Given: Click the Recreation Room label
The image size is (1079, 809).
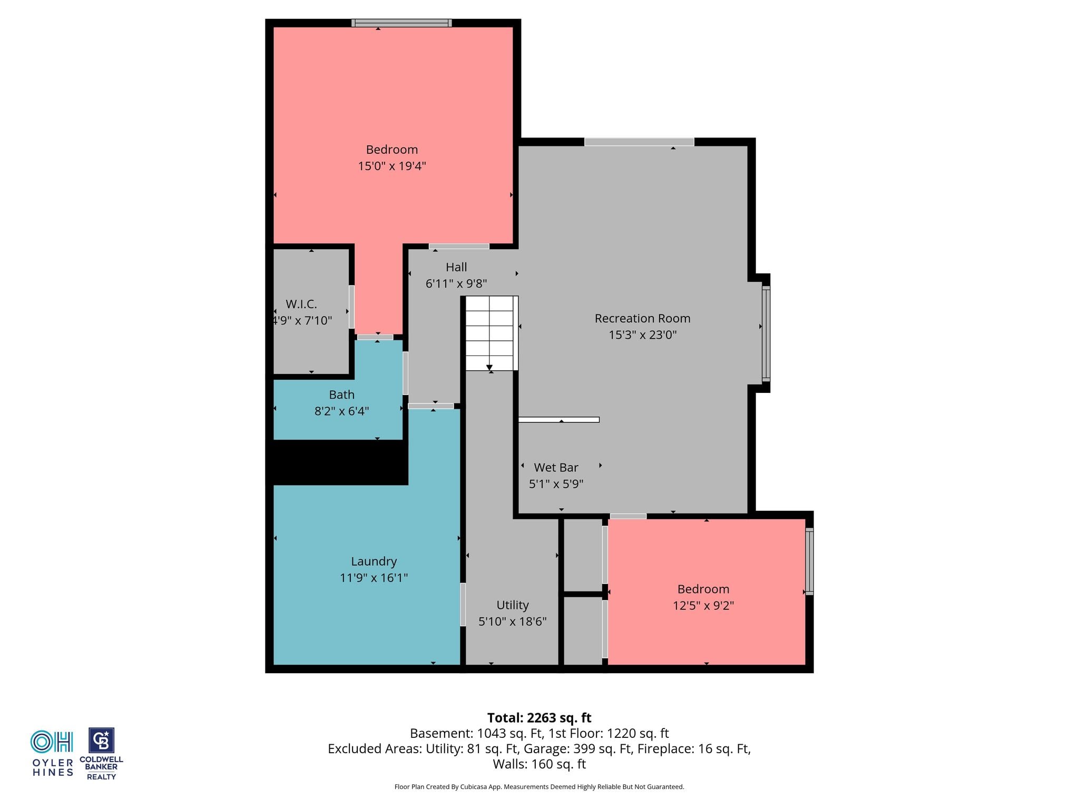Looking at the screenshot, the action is point(642,318).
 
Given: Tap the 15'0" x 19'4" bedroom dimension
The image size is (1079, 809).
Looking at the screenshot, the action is point(392,166).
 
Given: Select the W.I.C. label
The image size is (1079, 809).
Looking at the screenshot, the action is point(301,304).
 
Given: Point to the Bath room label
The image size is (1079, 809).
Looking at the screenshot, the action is point(341,394).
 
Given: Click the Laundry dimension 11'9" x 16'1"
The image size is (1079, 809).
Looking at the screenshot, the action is point(374,578).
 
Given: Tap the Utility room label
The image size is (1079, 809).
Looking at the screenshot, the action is point(513,605).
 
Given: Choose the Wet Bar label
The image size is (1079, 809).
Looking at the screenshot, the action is point(556,467).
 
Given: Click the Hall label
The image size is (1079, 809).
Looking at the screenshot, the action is point(456,267).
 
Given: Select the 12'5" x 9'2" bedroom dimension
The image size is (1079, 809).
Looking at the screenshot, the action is point(703,606).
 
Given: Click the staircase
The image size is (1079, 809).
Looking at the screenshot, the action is point(490,333).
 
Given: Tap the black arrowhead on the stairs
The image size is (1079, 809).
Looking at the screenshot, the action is point(489,368).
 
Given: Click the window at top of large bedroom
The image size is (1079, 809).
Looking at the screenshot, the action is point(401,23).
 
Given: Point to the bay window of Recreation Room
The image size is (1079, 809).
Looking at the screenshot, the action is point(766,333).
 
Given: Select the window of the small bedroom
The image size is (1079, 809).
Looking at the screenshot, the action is point(809,561).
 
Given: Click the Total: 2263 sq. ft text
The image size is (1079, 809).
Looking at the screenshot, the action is point(539,718).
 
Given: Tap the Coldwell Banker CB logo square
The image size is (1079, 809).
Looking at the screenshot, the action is point(101,741).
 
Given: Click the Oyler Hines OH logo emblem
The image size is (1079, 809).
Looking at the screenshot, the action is point(52,742).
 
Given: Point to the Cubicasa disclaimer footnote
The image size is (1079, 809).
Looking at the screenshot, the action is point(539,787).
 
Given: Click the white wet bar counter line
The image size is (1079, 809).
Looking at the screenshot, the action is point(559,420).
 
